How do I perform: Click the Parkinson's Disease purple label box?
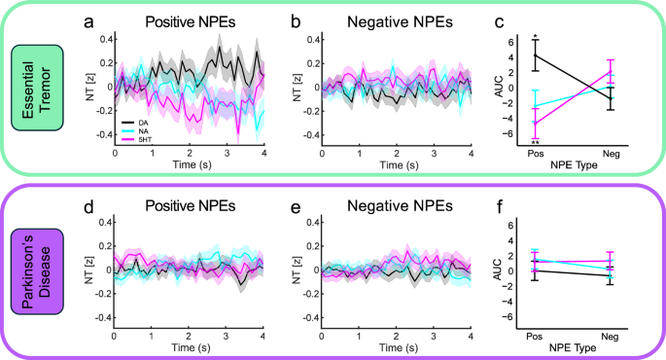pos(38,268)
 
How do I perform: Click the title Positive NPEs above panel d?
pos(191,207)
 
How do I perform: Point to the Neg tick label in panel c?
pos(611,154)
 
